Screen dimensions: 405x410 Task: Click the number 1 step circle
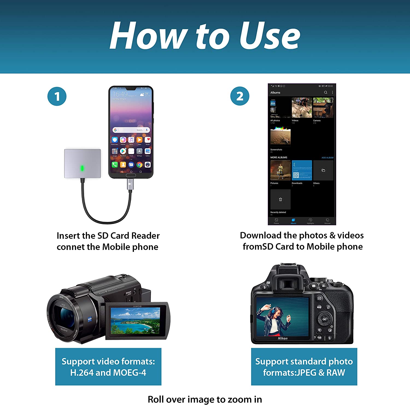tap(57, 96)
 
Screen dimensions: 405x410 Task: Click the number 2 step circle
tap(240, 96)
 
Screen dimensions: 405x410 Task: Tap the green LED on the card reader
tap(82, 168)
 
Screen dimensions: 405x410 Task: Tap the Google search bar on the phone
tap(131, 130)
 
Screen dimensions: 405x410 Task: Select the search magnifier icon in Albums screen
tap(326, 92)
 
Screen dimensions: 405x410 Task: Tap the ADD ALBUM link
tap(327, 158)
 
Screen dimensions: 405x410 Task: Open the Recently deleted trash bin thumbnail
tap(280, 199)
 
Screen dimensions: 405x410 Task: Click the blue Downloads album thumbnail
tap(302, 170)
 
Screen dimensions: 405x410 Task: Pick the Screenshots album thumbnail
tap(280, 136)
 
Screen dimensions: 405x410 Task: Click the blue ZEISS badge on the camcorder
tap(90, 319)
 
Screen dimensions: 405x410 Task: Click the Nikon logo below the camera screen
tap(283, 338)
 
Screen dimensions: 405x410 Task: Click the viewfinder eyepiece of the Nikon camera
tap(287, 284)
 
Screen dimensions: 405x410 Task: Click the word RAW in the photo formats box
tap(336, 372)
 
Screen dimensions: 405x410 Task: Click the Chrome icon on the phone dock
tap(139, 165)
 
